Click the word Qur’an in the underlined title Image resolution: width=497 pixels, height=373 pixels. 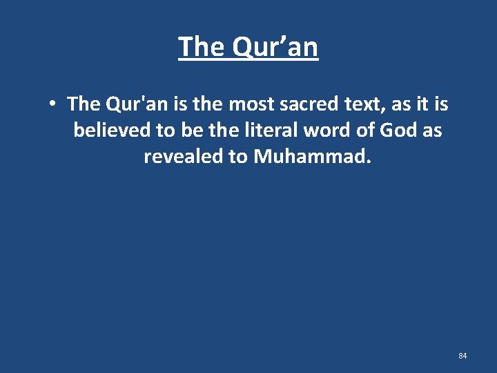click(x=276, y=48)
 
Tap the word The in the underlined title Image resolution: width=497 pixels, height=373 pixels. click(x=202, y=47)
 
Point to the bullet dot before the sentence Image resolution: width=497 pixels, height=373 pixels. click(x=52, y=105)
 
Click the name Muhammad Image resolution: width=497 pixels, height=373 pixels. click(x=313, y=156)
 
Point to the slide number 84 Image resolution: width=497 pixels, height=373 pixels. click(x=462, y=356)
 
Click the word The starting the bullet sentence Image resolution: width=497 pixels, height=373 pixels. click(x=84, y=104)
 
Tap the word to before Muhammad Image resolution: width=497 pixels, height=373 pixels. click(x=238, y=156)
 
